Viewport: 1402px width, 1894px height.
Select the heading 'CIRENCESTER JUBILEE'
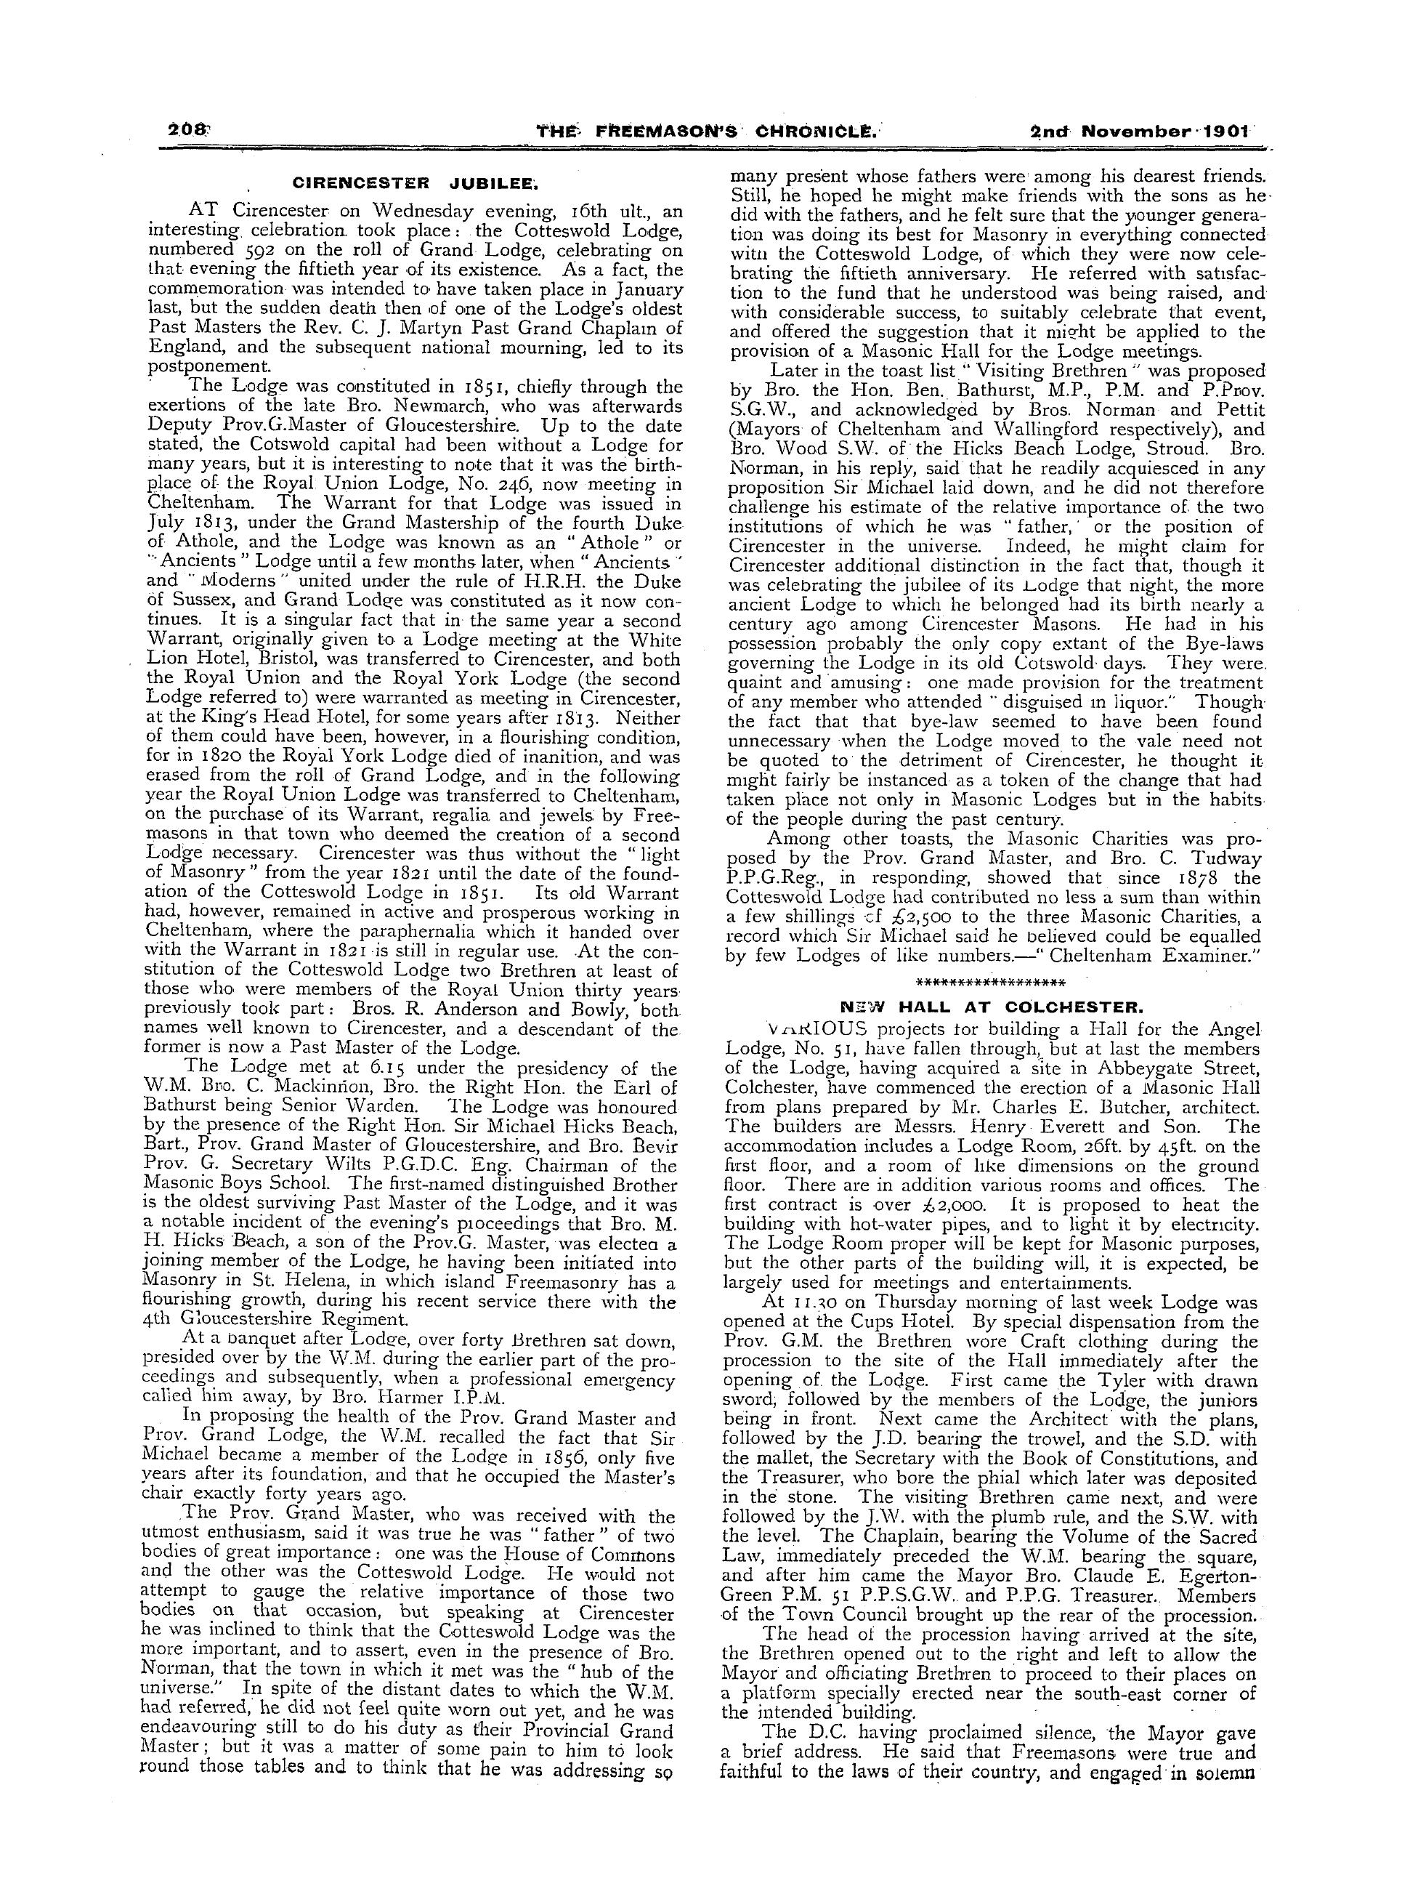point(416,182)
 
